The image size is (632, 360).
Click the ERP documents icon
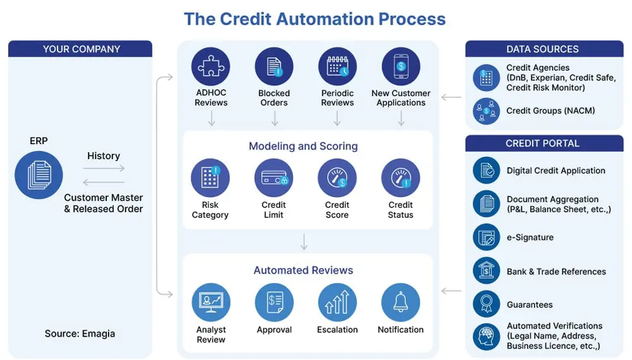coord(39,176)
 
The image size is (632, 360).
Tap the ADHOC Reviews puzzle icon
coord(211,67)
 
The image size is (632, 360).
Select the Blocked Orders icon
coord(274,67)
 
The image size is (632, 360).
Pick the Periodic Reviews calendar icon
coord(337,67)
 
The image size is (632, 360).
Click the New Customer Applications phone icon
coord(401,67)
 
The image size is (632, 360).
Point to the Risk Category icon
coord(210,177)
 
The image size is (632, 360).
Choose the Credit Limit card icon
coord(274,177)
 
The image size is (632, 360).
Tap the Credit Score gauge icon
coord(337,177)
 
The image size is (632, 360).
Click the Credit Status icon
coord(401,177)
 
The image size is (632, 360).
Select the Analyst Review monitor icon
coord(211,302)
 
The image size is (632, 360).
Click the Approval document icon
coord(274,302)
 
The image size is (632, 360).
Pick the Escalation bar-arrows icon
coord(337,302)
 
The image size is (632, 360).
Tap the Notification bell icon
coord(401,302)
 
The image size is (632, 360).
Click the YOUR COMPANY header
coord(81,49)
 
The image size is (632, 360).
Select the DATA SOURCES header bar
coord(543,49)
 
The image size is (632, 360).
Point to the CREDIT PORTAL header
coord(543,143)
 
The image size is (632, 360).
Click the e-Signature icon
coord(487,237)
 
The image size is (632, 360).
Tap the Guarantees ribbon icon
coord(487,304)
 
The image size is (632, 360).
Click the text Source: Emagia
coord(80,333)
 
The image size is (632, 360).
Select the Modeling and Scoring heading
coord(303,146)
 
